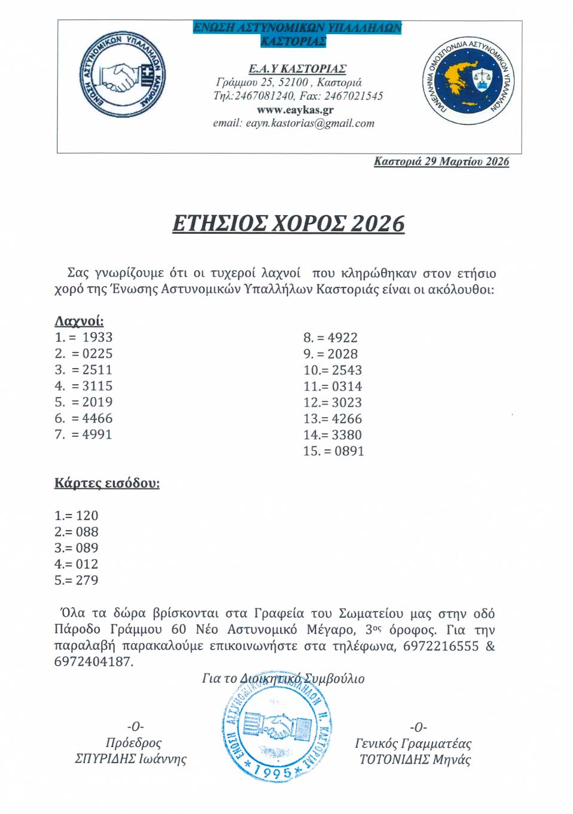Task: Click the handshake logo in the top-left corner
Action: [x=123, y=76]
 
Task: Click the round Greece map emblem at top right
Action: [x=468, y=81]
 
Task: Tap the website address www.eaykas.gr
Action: [x=295, y=110]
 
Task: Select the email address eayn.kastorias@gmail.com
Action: [x=310, y=124]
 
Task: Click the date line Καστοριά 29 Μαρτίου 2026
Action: [x=441, y=161]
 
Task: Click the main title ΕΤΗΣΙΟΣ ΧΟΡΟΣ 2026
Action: [x=288, y=224]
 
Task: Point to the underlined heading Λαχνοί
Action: [x=79, y=321]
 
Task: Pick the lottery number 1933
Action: [x=97, y=338]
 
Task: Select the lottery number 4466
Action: [x=97, y=418]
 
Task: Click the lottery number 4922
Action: [x=342, y=338]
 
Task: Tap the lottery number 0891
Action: [x=349, y=451]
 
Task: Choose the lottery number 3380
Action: [x=347, y=435]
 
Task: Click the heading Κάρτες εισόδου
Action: [x=107, y=483]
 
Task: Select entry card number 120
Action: [x=87, y=516]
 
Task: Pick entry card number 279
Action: [x=87, y=580]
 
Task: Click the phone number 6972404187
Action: [x=93, y=662]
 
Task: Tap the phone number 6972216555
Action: [x=441, y=646]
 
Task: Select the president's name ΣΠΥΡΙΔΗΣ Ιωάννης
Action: [x=130, y=759]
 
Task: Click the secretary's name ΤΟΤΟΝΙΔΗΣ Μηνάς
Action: [x=414, y=760]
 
